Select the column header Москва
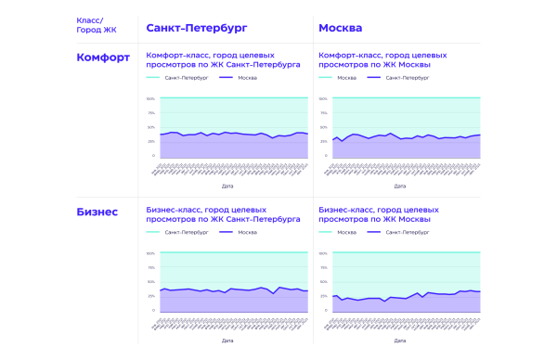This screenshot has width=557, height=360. (x=340, y=27)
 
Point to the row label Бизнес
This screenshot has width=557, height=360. (x=97, y=212)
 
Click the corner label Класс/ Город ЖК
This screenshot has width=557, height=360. (x=96, y=24)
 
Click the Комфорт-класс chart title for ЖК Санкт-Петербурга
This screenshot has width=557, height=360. (x=223, y=61)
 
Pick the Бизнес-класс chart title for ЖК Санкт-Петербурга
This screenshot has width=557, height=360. (x=223, y=215)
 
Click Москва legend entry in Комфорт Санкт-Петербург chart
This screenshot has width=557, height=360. (x=247, y=78)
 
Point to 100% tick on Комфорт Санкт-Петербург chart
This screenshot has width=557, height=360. (x=151, y=97)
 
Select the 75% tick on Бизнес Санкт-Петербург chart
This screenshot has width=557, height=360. (x=151, y=266)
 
